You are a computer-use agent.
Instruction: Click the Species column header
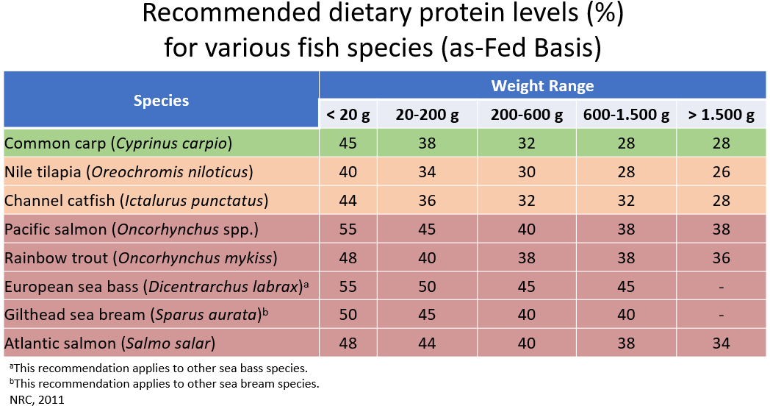click(161, 101)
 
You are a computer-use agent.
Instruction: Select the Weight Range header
click(542, 86)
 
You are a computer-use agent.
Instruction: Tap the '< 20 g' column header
click(348, 115)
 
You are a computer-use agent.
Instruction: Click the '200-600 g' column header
click(526, 115)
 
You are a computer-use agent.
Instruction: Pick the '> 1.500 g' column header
click(721, 115)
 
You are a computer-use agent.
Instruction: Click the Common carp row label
click(118, 143)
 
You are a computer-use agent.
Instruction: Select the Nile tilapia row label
click(129, 172)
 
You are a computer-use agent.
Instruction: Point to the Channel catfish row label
click(136, 201)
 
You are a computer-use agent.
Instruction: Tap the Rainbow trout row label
click(140, 258)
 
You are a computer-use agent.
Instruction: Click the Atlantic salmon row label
click(110, 343)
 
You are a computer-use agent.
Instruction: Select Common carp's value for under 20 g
click(348, 143)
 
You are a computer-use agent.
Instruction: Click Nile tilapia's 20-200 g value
click(426, 172)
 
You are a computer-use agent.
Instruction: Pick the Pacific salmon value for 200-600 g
click(526, 229)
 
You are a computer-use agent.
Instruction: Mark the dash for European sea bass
click(721, 287)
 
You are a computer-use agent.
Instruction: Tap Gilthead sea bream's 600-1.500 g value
click(626, 315)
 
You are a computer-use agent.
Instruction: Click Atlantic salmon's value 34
click(721, 343)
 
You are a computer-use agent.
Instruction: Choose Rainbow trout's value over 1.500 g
click(721, 258)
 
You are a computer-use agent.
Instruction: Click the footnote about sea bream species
click(164, 383)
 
